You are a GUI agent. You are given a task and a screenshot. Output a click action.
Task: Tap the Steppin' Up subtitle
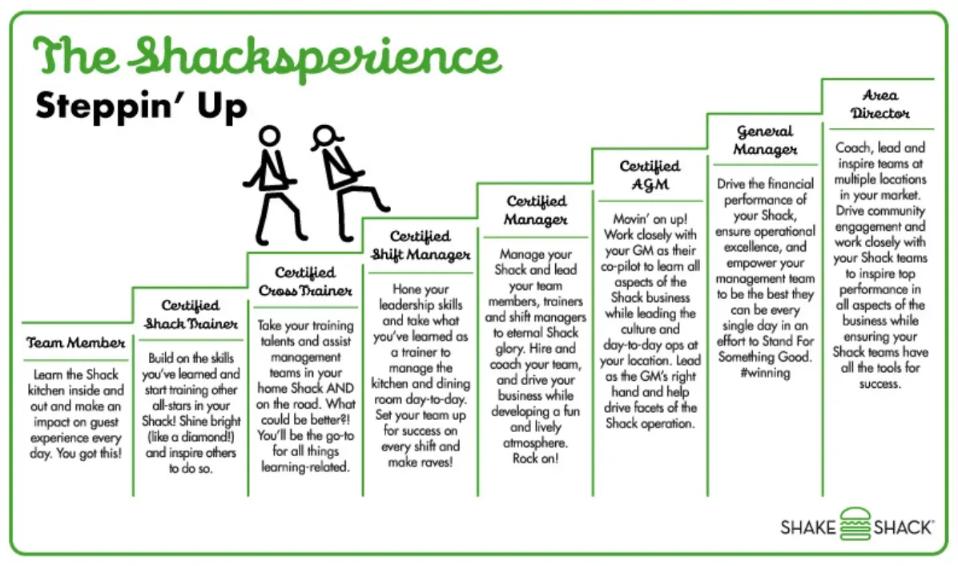pyautogui.click(x=141, y=107)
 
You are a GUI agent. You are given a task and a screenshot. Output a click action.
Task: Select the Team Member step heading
pyautogui.click(x=76, y=343)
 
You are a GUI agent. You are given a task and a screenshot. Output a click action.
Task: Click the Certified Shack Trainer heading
pyautogui.click(x=191, y=315)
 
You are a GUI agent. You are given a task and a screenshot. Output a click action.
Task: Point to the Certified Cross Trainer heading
pyautogui.click(x=305, y=282)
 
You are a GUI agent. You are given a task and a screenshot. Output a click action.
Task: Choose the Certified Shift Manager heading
pyautogui.click(x=421, y=246)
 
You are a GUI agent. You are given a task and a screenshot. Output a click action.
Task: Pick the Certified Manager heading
pyautogui.click(x=536, y=210)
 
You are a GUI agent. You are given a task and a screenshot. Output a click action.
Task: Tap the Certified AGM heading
pyautogui.click(x=650, y=175)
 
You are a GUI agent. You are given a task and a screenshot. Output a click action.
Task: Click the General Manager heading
pyautogui.click(x=765, y=140)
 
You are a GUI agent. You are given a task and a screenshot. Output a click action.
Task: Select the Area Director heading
pyautogui.click(x=880, y=104)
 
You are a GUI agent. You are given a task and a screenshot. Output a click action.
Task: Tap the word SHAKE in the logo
pyautogui.click(x=807, y=528)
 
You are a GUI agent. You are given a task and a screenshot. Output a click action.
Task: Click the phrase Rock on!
pyautogui.click(x=536, y=459)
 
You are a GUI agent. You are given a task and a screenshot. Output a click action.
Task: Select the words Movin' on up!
pyautogui.click(x=650, y=218)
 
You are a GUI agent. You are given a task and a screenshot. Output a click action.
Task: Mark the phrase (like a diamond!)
pyautogui.click(x=191, y=437)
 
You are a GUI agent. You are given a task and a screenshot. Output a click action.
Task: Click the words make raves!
pyautogui.click(x=421, y=463)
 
